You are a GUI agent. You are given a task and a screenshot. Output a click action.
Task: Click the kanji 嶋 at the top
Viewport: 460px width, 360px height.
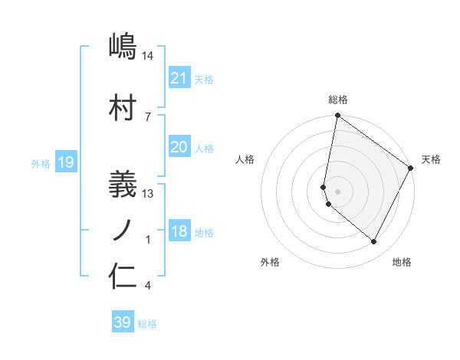[x=123, y=47]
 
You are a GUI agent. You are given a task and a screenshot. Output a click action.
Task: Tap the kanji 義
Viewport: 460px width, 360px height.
[x=123, y=183]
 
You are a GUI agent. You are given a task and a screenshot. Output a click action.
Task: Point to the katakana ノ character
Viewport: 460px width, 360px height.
[x=123, y=229]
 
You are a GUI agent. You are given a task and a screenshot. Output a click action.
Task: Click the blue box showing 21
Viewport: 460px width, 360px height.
[x=179, y=77]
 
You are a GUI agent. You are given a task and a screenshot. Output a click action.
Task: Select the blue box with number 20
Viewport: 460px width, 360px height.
[x=179, y=147]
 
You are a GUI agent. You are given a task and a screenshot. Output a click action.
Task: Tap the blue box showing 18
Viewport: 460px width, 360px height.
[x=179, y=231]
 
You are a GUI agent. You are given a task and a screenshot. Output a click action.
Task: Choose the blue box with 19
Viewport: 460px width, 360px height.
[x=65, y=162]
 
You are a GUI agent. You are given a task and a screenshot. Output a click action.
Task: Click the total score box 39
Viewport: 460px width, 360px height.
[x=123, y=322]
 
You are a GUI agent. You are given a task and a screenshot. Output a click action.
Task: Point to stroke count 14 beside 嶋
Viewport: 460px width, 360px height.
[x=149, y=56]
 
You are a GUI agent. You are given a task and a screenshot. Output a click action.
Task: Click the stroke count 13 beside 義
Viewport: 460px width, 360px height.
[x=149, y=193]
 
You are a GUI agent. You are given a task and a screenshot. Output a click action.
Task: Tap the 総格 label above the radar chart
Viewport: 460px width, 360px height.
[x=338, y=100]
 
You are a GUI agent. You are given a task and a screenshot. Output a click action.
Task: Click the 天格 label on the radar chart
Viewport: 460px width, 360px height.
[x=431, y=159]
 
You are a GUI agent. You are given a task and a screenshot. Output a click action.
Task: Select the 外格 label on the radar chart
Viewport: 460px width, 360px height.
[x=270, y=262]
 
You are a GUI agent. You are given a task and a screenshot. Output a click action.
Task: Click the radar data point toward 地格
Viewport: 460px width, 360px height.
[x=374, y=242]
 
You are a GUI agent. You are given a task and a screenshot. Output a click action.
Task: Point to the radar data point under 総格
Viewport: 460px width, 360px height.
[x=337, y=116]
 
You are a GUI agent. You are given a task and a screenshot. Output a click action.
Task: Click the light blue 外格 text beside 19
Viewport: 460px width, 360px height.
[x=41, y=163]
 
